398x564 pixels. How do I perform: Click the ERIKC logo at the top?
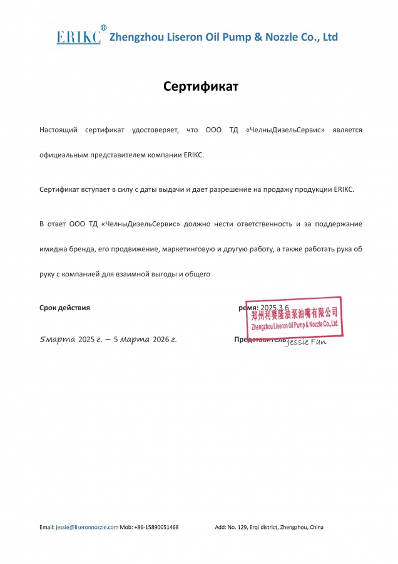pos(78,38)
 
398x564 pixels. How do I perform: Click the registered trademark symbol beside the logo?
pos(104,28)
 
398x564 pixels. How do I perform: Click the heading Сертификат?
pos(201,86)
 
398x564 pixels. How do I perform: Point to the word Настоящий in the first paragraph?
pos(58,130)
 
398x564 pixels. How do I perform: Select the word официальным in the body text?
pos(65,154)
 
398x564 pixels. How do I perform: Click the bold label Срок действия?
pos(64,308)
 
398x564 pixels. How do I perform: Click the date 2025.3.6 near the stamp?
pos(274,308)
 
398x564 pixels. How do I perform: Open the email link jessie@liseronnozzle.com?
pos(87,527)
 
